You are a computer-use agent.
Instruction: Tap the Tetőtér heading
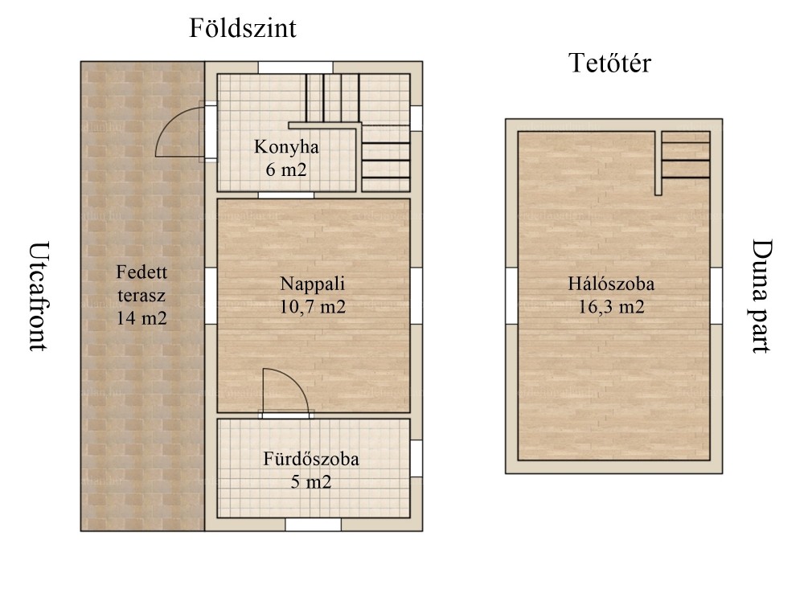[609, 63]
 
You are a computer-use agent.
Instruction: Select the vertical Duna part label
[762, 296]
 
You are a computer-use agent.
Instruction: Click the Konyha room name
[286, 147]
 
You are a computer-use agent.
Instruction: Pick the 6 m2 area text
[286, 169]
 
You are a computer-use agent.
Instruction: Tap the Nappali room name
[312, 284]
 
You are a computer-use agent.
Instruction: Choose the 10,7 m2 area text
[312, 306]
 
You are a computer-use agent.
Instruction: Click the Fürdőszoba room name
[310, 459]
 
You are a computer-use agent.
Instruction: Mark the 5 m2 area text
[310, 482]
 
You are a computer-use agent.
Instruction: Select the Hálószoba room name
[611, 284]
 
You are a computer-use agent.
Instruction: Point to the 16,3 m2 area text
[611, 306]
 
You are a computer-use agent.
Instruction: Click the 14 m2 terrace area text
[142, 318]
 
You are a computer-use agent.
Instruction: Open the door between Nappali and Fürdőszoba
[285, 391]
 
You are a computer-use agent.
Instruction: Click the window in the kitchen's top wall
[295, 67]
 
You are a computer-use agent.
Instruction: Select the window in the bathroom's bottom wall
[313, 525]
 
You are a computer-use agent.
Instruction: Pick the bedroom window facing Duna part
[716, 296]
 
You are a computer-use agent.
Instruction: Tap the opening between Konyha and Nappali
[285, 194]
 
